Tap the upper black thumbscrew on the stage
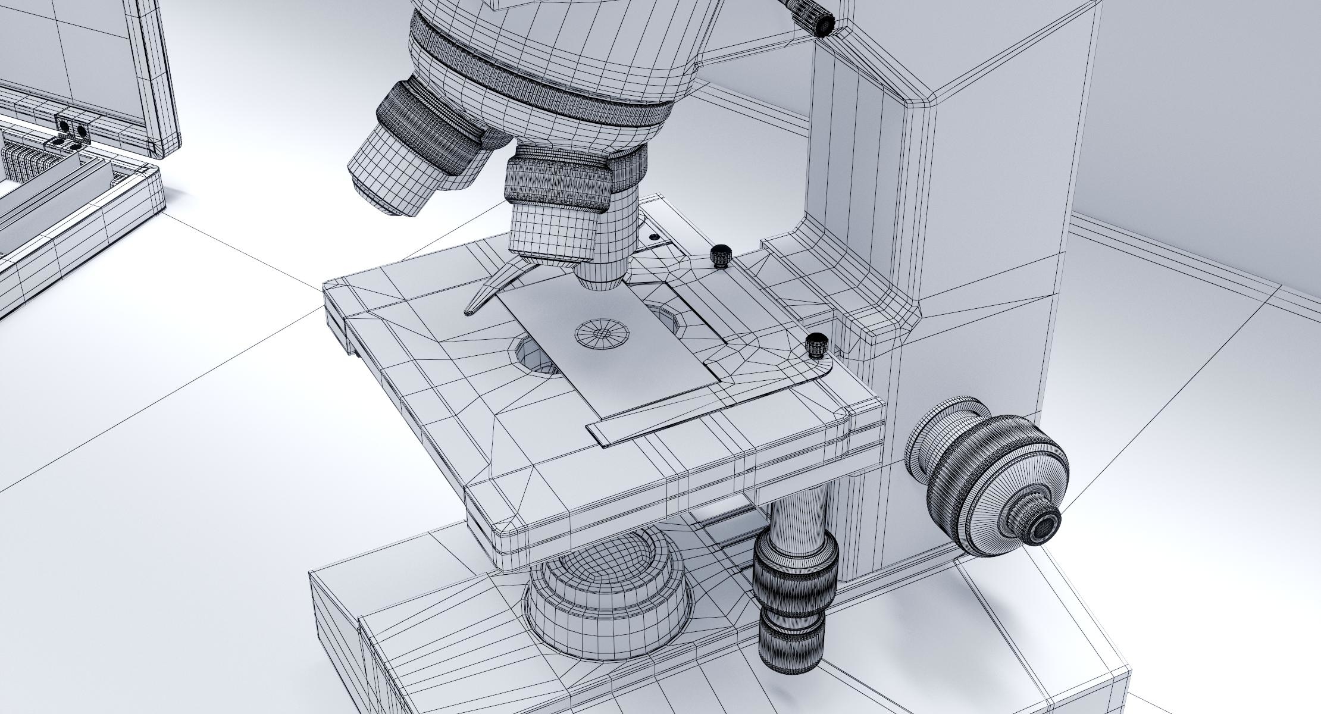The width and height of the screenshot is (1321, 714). pyautogui.click(x=721, y=255)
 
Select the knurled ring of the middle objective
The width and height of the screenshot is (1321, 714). pyautogui.click(x=558, y=181)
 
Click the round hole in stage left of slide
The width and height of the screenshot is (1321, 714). pyautogui.click(x=536, y=357)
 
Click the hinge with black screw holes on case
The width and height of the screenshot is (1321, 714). pyautogui.click(x=73, y=130)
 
